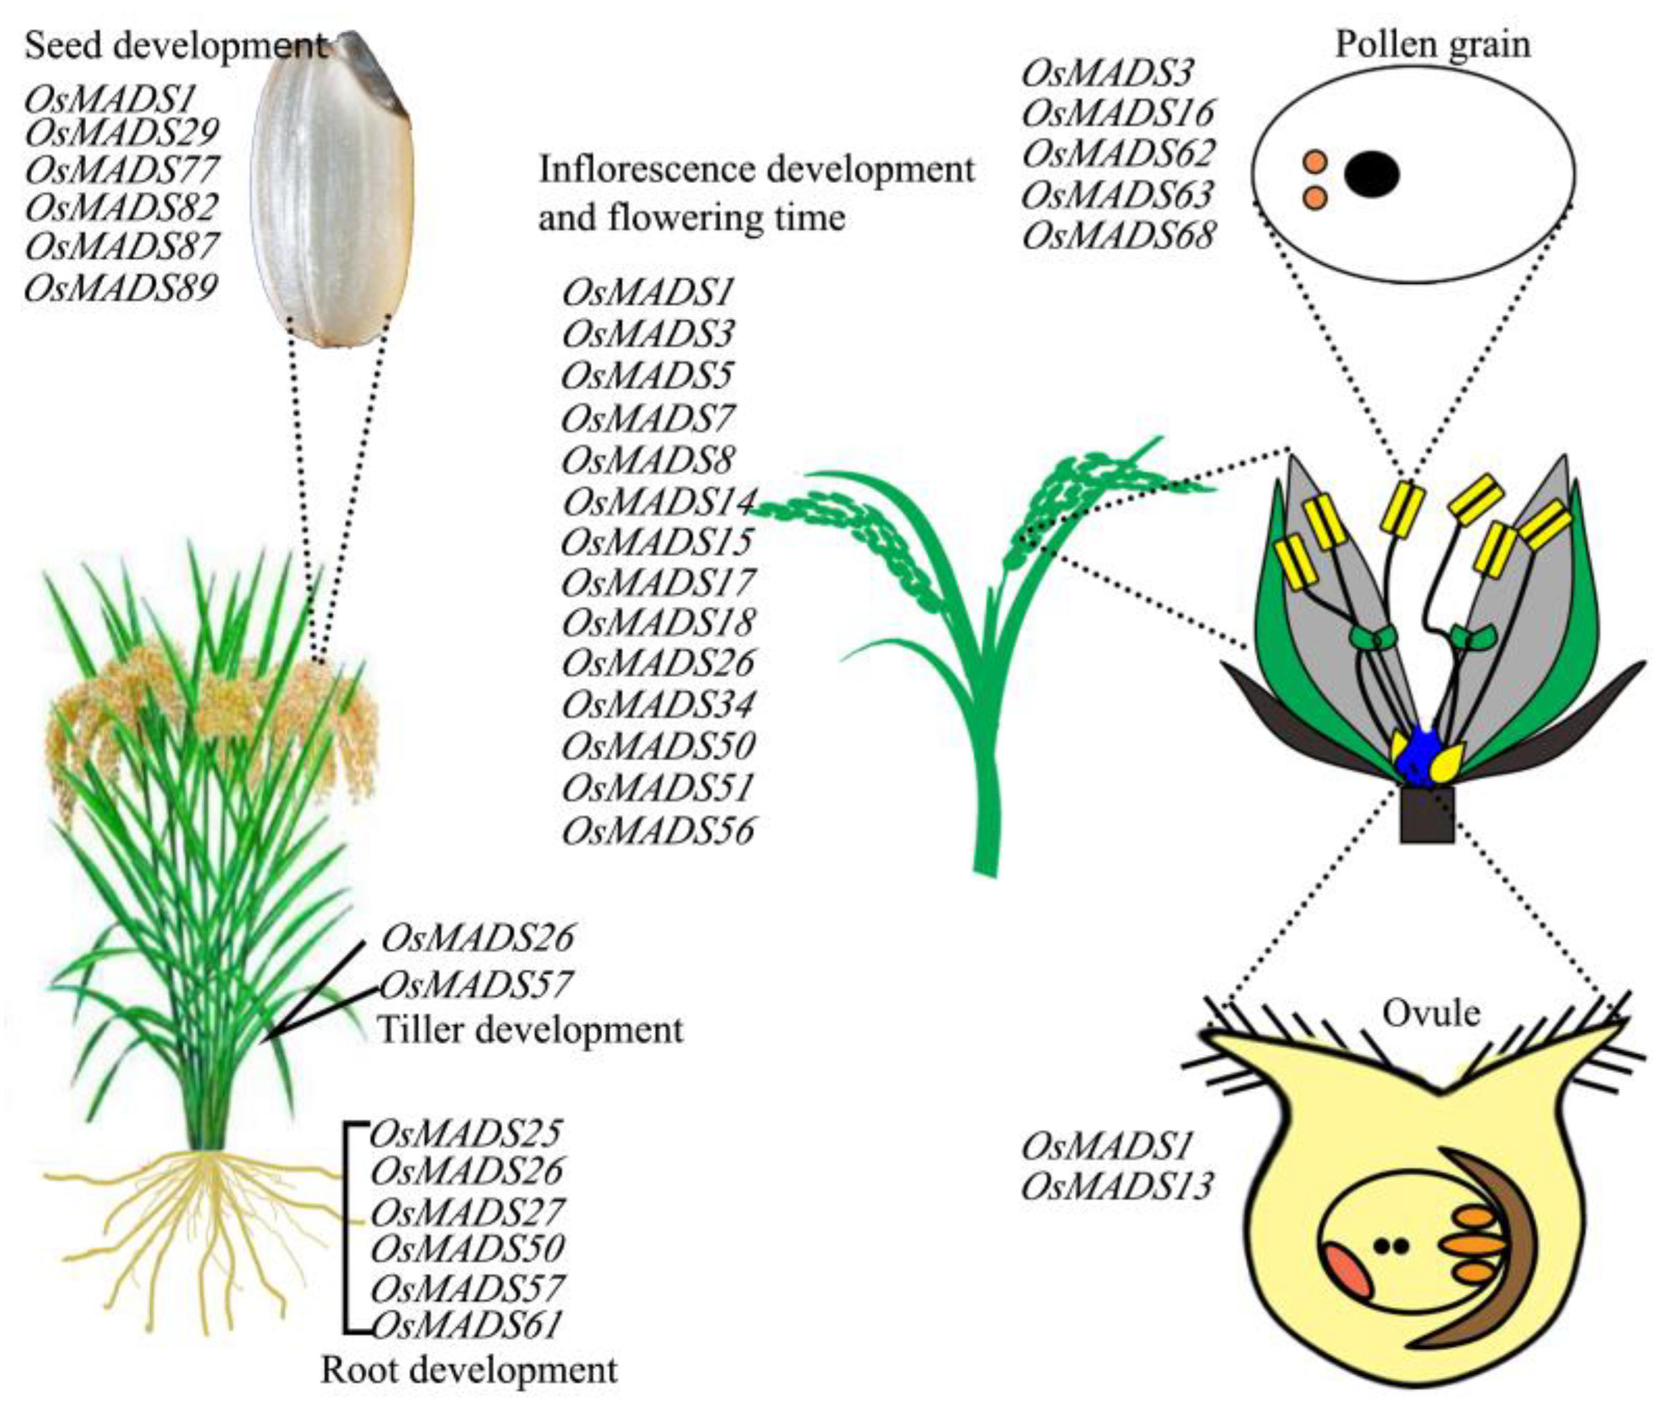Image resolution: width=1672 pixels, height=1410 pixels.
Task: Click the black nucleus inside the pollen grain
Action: pyautogui.click(x=1372, y=174)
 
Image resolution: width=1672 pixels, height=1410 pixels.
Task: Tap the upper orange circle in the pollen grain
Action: pyautogui.click(x=1314, y=162)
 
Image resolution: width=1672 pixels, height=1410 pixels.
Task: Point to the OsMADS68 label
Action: pyautogui.click(x=1119, y=235)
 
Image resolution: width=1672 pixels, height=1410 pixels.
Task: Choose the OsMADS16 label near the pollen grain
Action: pyautogui.click(x=1119, y=113)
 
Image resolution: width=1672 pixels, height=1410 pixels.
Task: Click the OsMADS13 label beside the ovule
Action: pyautogui.click(x=1117, y=1186)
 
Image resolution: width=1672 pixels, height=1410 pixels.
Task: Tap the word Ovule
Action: pyautogui.click(x=1431, y=1013)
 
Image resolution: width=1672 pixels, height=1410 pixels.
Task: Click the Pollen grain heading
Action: pyautogui.click(x=1433, y=45)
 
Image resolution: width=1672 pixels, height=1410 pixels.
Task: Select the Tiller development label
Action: pyautogui.click(x=531, y=1029)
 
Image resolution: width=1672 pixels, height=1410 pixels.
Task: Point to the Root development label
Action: pyautogui.click(x=469, y=1369)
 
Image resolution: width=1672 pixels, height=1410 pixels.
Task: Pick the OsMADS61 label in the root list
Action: pyautogui.click(x=467, y=1325)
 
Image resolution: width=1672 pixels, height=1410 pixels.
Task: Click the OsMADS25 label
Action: pyautogui.click(x=467, y=1133)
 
